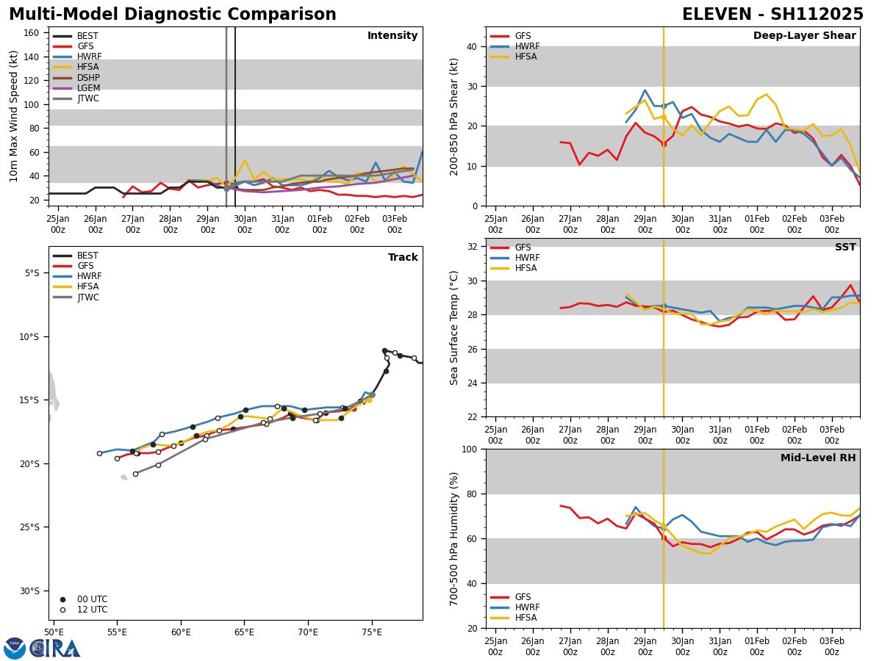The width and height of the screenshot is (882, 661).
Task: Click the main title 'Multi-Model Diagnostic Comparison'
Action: click(x=173, y=15)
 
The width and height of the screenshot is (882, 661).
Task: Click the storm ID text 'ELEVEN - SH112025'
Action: click(x=772, y=15)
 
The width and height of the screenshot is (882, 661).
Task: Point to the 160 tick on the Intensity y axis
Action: click(x=32, y=33)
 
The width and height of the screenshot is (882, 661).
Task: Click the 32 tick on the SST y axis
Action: click(x=473, y=247)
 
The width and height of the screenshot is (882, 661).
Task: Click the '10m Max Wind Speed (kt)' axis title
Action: click(x=14, y=116)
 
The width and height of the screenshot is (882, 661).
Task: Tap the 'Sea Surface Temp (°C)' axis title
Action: click(x=454, y=328)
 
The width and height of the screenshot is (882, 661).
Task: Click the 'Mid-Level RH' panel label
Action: click(x=818, y=458)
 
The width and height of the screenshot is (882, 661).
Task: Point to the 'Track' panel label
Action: click(x=403, y=258)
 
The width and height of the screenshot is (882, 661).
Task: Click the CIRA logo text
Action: click(x=55, y=648)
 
